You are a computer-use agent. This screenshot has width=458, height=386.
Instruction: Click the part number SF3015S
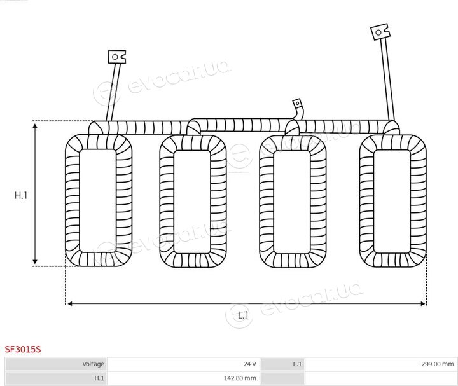tap(23, 349)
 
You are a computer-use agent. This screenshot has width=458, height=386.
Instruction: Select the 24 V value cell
tap(250, 364)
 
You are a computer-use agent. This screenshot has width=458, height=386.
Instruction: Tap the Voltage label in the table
tap(93, 364)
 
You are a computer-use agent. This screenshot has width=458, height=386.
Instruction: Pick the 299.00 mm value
tap(437, 364)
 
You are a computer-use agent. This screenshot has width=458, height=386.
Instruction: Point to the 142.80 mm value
tap(240, 378)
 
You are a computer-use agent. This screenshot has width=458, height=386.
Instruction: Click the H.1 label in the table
tap(99, 378)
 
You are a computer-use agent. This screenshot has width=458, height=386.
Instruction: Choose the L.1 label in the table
tap(297, 364)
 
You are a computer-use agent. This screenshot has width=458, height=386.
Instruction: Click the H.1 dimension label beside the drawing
tap(21, 195)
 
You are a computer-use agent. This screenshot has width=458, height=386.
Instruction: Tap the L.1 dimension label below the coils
tap(243, 315)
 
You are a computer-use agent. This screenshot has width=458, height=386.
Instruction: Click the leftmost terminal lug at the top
tap(117, 57)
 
